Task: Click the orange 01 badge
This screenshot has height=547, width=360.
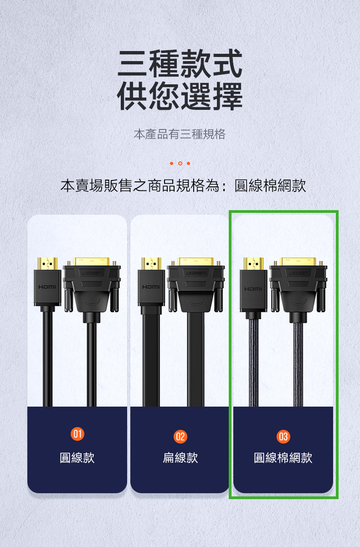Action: [77, 434]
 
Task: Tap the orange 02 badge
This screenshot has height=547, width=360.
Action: [180, 437]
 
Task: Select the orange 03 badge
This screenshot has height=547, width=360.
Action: [283, 437]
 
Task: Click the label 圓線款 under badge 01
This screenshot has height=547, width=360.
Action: [77, 458]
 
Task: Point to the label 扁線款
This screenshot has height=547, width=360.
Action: [180, 458]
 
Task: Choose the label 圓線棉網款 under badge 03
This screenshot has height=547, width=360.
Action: [283, 458]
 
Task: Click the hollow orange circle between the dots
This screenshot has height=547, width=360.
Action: [180, 163]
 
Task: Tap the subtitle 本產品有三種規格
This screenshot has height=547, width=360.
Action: [180, 134]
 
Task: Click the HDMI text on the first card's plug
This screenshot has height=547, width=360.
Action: [47, 287]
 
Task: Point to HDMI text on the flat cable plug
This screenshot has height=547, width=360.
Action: [151, 287]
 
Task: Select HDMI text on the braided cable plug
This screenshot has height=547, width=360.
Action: [253, 289]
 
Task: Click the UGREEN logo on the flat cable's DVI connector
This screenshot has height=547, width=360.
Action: [196, 273]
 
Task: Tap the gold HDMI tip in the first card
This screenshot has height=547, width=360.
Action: [47, 264]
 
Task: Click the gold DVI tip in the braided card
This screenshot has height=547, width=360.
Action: [298, 262]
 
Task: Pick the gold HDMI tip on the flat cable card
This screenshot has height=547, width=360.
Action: [151, 264]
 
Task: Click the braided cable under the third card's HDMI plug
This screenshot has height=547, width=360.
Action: [253, 363]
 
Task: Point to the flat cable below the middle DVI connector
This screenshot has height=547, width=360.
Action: [196, 360]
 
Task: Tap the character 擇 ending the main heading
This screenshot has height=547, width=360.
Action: [228, 96]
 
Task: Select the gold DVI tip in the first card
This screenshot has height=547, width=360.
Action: [92, 262]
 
